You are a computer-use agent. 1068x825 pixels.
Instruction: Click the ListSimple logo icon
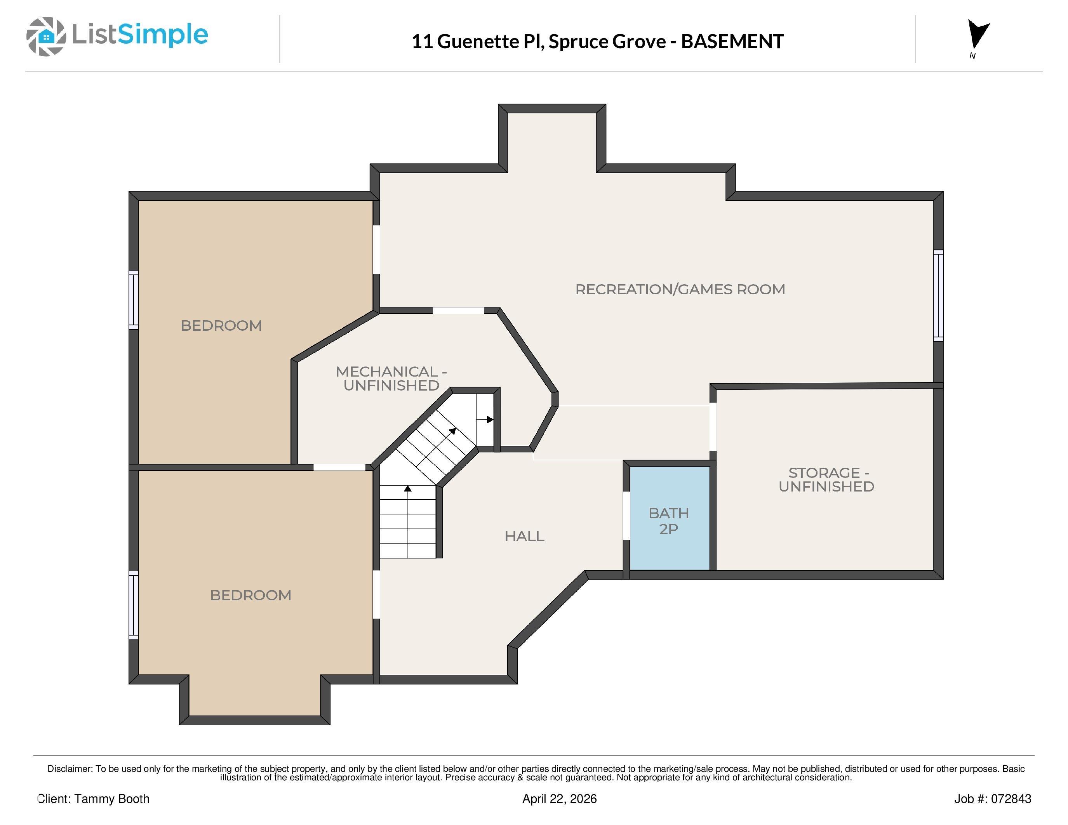coord(46,36)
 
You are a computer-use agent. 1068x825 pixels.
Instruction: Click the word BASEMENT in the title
coord(732,42)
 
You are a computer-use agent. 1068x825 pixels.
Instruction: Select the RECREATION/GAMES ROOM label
coord(680,289)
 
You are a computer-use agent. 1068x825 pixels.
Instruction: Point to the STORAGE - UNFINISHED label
coord(826,479)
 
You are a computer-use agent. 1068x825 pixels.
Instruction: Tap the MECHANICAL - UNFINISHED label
coord(391,378)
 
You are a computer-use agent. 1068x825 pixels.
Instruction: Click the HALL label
coord(524,536)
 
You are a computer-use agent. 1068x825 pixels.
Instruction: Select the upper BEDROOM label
coord(221,325)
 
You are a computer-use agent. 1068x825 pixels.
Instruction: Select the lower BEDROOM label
coord(250,595)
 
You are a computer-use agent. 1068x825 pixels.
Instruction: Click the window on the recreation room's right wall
coord(938,295)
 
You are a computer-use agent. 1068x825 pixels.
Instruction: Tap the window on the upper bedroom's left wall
coord(134,299)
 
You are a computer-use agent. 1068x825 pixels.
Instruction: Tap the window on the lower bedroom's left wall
coord(134,605)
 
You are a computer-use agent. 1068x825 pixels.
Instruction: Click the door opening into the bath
coord(626,516)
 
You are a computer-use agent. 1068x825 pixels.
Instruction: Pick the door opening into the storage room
coord(713,427)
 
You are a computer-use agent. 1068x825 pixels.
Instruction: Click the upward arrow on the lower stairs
coord(407,488)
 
